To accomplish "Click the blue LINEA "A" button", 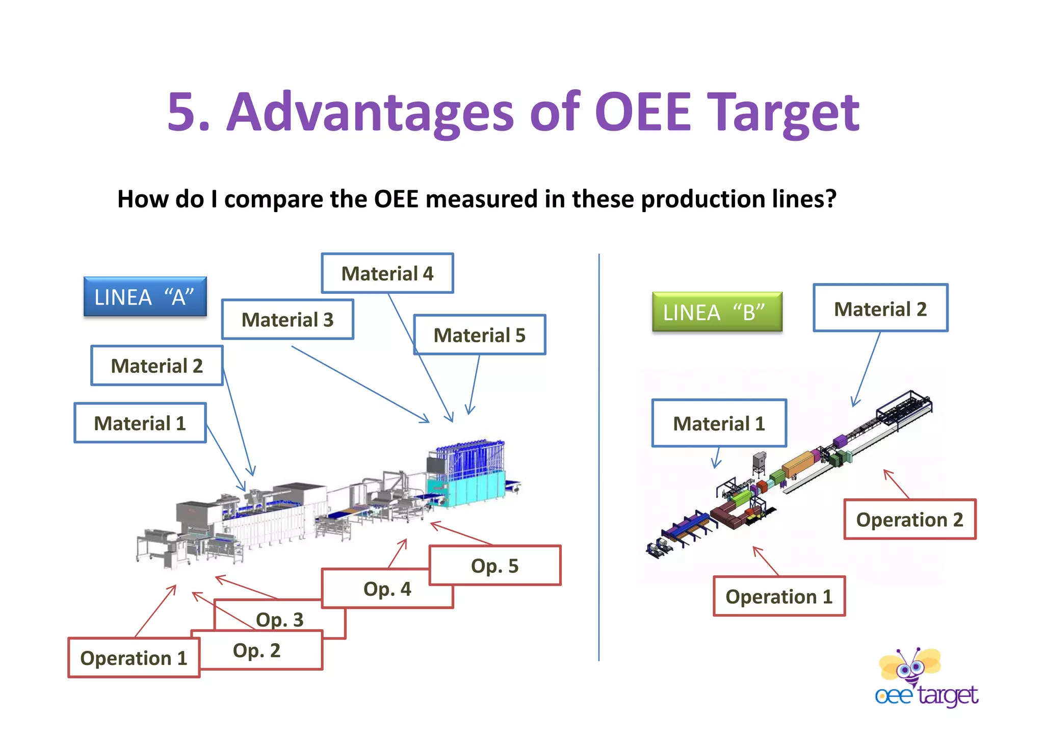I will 145,297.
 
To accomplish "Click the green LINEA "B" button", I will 717,312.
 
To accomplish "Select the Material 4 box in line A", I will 387,273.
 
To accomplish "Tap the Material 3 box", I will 288,320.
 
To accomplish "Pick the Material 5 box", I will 479,335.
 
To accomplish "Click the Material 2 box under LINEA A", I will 156,366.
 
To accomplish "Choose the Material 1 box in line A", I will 140,423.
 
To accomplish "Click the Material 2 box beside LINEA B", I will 880,309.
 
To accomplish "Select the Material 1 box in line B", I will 719,423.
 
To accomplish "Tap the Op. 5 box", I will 494,566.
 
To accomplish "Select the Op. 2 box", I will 257,651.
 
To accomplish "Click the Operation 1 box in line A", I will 134,658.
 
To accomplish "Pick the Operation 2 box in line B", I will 909,519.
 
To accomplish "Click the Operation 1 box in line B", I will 779,596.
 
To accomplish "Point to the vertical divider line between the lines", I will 599,459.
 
